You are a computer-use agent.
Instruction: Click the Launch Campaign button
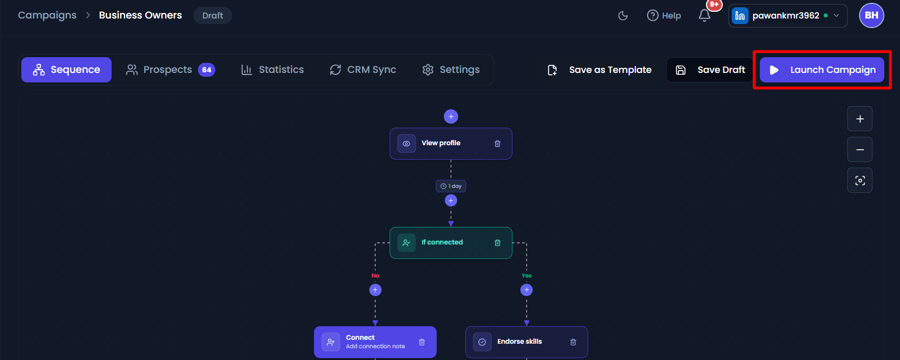pyautogui.click(x=821, y=70)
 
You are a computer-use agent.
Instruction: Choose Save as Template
pyautogui.click(x=599, y=70)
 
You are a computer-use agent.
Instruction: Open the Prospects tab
pyautogui.click(x=170, y=70)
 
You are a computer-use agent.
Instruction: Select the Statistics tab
pyautogui.click(x=272, y=70)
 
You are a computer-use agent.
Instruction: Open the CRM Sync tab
pyautogui.click(x=363, y=70)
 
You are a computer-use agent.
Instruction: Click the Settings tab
pyautogui.click(x=451, y=70)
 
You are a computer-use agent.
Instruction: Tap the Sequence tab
pyautogui.click(x=66, y=70)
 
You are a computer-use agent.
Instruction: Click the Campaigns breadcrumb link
pyautogui.click(x=47, y=15)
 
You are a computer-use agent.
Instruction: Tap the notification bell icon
pyautogui.click(x=704, y=16)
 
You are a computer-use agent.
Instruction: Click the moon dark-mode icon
pyautogui.click(x=623, y=16)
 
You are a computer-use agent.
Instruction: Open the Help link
pyautogui.click(x=664, y=16)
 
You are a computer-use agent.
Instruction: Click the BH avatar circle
pyautogui.click(x=871, y=16)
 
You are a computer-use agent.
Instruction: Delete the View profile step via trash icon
pyautogui.click(x=497, y=144)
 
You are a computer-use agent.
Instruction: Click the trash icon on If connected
pyautogui.click(x=497, y=243)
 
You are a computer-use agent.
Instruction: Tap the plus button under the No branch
pyautogui.click(x=375, y=290)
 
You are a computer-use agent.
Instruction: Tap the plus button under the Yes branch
pyautogui.click(x=527, y=290)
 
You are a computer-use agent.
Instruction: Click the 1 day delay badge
pyautogui.click(x=451, y=186)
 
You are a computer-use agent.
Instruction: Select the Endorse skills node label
pyautogui.click(x=519, y=341)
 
